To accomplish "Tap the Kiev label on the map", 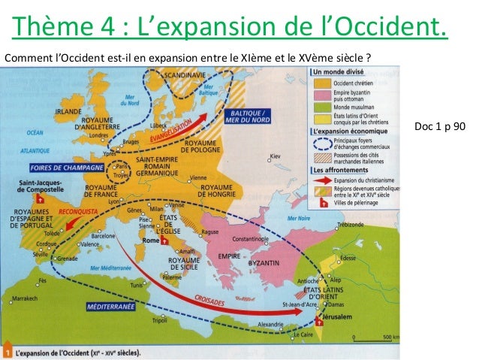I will tap(278, 156).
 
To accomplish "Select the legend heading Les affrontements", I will tap(339, 171).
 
